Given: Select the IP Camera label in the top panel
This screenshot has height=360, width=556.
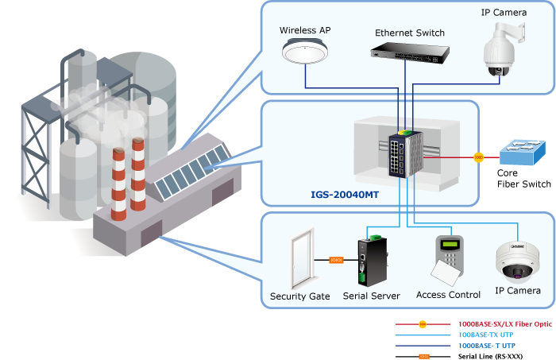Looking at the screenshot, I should click(x=502, y=13).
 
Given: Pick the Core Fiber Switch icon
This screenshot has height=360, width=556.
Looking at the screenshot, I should click(x=519, y=153).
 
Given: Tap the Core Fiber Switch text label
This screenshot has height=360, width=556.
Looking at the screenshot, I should click(x=523, y=178).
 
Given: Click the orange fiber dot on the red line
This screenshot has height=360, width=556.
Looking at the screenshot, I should click(x=478, y=157).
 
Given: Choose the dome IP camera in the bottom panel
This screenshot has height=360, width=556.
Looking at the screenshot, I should click(x=517, y=263).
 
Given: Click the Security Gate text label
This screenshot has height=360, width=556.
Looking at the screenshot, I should click(x=299, y=296).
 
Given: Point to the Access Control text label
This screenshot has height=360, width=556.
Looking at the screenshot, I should click(x=448, y=295).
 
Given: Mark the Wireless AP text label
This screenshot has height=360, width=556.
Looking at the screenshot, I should click(x=305, y=30).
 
